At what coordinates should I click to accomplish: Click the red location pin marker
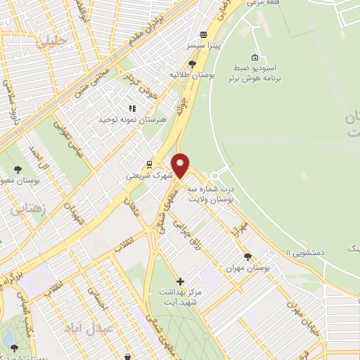point(180,166)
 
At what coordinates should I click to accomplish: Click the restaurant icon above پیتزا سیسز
point(204,34)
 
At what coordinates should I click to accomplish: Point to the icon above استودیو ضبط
point(254,58)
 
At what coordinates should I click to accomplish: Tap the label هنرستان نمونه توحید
point(131,120)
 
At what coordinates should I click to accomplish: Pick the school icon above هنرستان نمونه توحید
point(131,108)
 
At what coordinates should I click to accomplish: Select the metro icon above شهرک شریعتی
point(149,165)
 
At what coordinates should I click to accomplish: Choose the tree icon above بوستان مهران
point(247,257)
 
